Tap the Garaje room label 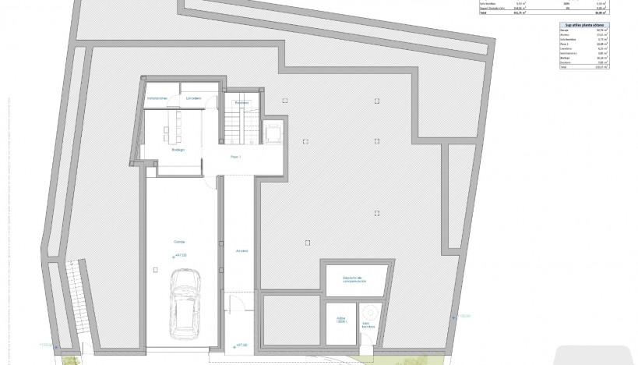coord(179,243)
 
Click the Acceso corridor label coord(241,250)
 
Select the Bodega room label coord(178,150)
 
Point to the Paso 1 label coord(236,157)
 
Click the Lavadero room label coord(193,97)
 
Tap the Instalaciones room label coord(158,97)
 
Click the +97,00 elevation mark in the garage coord(182,254)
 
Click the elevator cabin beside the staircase coord(273,133)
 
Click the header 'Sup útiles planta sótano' coord(583,25)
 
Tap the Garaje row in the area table coord(583,31)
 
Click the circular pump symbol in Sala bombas coord(368,314)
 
